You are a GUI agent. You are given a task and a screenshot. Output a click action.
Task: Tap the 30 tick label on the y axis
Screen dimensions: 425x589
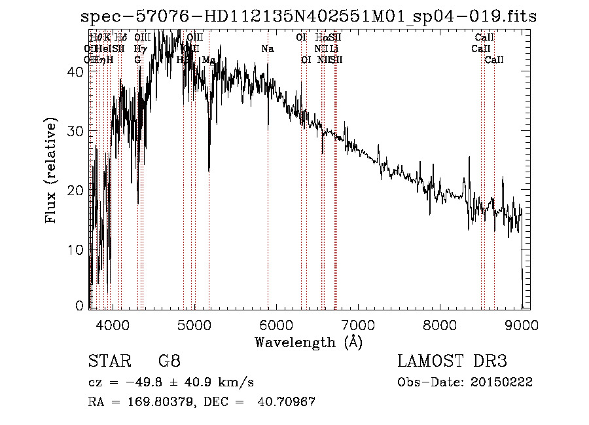pos(76,131)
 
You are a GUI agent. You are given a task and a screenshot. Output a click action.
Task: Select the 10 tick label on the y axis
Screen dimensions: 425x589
pos(76,249)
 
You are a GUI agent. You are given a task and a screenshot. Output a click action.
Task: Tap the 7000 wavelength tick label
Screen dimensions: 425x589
pos(358,323)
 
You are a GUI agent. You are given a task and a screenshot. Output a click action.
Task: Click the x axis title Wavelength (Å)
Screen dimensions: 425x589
pos(308,342)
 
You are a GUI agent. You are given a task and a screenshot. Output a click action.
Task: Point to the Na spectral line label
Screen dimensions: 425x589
pos(268,49)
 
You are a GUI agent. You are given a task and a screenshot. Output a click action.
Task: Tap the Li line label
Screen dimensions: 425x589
pos(334,49)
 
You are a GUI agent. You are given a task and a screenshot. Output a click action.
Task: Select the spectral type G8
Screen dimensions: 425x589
pos(169,361)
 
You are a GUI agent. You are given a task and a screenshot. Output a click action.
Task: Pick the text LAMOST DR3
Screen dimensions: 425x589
pos(452,361)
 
